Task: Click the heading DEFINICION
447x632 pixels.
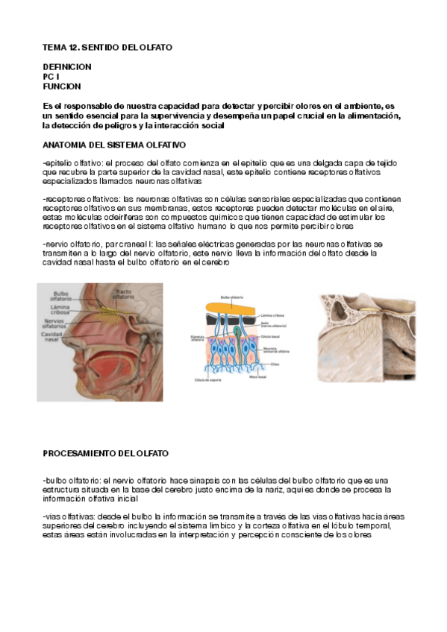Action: pyautogui.click(x=67, y=67)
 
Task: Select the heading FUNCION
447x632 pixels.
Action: pyautogui.click(x=62, y=86)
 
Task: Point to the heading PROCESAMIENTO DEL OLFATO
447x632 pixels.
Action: pyautogui.click(x=105, y=453)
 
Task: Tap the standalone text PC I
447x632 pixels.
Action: pyautogui.click(x=50, y=77)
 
